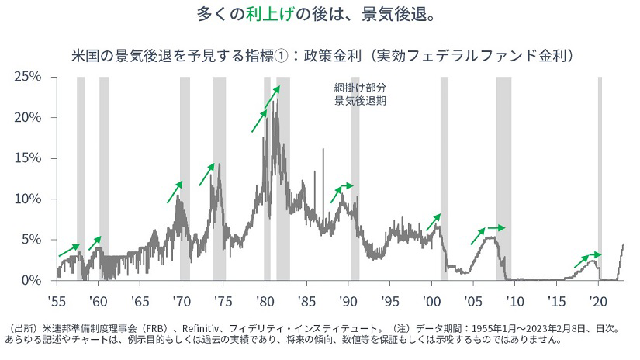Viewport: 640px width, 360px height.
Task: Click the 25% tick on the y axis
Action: pyautogui.click(x=28, y=77)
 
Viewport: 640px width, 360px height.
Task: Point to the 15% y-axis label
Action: pyautogui.click(x=28, y=158)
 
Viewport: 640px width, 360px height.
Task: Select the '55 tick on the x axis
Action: pyautogui.click(x=57, y=299)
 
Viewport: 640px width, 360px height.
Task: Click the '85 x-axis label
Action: pyautogui.click(x=307, y=299)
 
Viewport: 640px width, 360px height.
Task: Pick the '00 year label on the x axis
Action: pyautogui.click(x=432, y=299)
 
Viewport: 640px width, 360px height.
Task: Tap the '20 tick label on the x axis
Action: pyautogui.click(x=598, y=299)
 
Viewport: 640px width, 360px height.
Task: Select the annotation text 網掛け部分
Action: pyautogui.click(x=359, y=88)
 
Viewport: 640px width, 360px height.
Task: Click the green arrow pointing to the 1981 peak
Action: pyautogui.click(x=272, y=97)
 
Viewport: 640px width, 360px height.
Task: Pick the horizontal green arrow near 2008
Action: pyautogui.click(x=496, y=228)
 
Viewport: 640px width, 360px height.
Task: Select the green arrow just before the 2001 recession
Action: pyautogui.click(x=433, y=222)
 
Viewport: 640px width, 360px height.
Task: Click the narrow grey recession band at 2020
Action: pyautogui.click(x=600, y=178)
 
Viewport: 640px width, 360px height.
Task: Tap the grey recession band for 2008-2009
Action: pyautogui.click(x=503, y=178)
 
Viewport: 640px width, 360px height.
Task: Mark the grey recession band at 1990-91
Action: pyautogui.click(x=355, y=178)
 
